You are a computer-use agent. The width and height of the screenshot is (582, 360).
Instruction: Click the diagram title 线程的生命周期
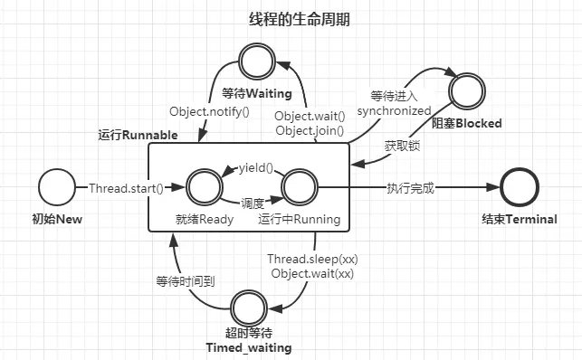[299, 19]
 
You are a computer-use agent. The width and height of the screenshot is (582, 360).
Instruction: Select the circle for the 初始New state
[56, 187]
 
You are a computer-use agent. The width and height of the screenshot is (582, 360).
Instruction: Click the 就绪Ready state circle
[205, 187]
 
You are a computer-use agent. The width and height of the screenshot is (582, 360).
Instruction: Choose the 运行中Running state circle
[299, 187]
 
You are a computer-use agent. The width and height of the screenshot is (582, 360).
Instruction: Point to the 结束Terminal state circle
[519, 187]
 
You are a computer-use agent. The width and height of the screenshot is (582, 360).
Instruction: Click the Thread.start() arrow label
[126, 188]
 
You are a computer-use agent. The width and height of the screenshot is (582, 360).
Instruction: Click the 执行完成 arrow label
[410, 188]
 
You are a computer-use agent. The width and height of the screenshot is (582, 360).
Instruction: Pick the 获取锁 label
[401, 144]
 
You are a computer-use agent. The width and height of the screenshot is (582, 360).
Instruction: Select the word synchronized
[395, 110]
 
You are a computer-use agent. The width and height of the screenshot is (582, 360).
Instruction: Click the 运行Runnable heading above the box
[138, 135]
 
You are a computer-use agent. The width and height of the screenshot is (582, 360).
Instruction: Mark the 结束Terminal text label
[519, 220]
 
